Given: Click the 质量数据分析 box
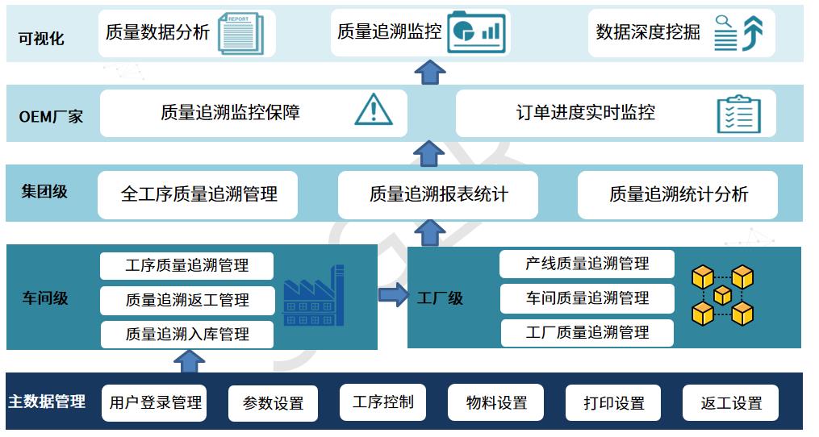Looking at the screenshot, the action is coord(187,33).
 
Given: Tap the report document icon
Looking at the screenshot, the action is coord(240,34).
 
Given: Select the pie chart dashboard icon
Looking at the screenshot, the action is coord(476,32).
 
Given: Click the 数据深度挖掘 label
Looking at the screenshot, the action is coord(648,32).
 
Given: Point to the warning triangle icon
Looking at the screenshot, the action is coord(374,110).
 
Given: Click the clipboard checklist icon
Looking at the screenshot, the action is coord(738,114).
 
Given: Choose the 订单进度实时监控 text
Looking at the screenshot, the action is coord(585,113).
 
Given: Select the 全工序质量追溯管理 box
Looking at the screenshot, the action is coord(198,195).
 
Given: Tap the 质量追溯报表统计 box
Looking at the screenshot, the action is coord(438,195).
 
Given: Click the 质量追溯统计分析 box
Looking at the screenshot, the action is coord(678,195).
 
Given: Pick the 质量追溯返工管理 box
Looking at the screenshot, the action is coord(187,300).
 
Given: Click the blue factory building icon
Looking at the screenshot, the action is coord(313,296).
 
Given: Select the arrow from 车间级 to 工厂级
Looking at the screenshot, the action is coord(393,295).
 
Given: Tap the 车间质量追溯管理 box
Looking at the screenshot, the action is coord(587,298).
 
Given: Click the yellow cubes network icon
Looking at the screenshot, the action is coord(722,296).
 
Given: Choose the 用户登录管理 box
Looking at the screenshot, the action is coord(154,402).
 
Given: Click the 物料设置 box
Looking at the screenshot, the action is coord(495,402).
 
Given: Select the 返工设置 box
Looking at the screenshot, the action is coord(731,402).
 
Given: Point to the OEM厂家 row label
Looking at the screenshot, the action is coord(51,116).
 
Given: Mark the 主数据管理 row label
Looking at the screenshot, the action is coord(47,402).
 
